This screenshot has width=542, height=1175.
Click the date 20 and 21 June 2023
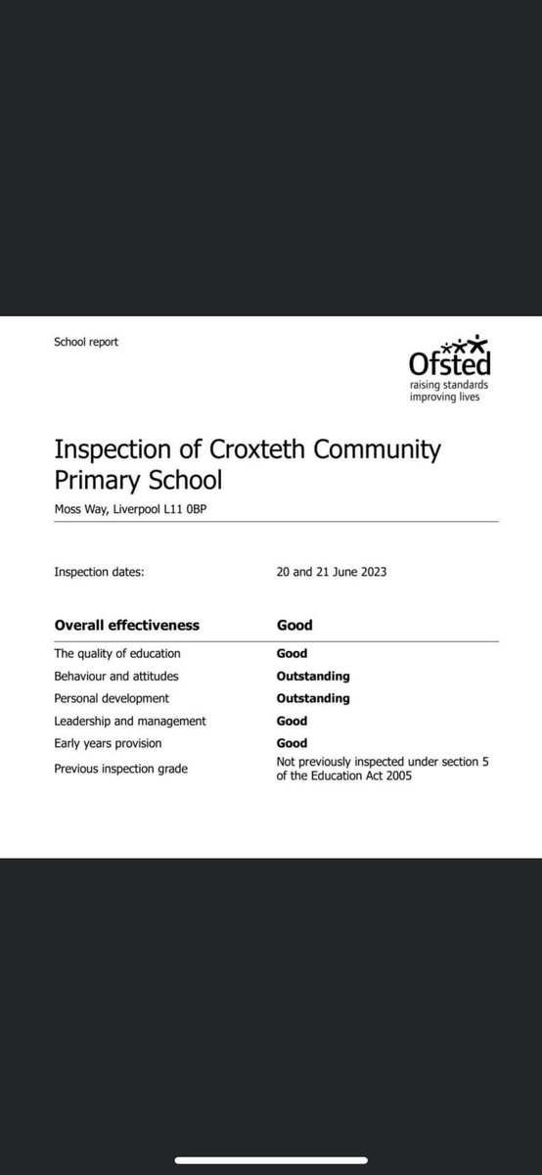click(x=331, y=572)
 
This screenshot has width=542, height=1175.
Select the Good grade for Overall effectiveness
click(x=294, y=625)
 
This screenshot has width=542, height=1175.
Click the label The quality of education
click(x=117, y=653)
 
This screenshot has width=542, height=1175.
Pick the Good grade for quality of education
click(x=292, y=653)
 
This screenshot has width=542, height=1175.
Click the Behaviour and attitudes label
click(x=116, y=676)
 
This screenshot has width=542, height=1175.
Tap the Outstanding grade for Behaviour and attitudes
click(x=313, y=676)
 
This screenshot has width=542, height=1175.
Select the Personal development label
click(x=113, y=698)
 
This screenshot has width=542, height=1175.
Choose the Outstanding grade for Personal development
click(x=313, y=698)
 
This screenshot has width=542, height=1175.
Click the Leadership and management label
click(x=130, y=721)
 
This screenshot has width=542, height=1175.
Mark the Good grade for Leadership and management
click(x=292, y=721)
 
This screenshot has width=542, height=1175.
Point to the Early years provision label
click(x=111, y=743)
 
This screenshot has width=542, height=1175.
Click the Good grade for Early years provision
click(x=292, y=743)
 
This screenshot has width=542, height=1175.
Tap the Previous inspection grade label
click(x=120, y=769)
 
